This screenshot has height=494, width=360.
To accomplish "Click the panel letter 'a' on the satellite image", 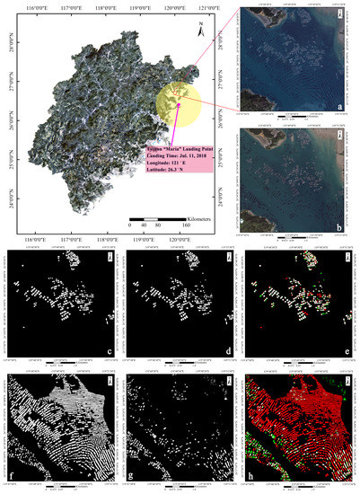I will pyautogui.click(x=350, y=105).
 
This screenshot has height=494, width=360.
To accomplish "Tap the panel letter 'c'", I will pyautogui.click(x=110, y=346).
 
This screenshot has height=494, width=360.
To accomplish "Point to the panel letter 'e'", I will pyautogui.click(x=350, y=346).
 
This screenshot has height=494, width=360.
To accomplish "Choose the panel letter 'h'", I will pyautogui.click(x=350, y=470).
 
